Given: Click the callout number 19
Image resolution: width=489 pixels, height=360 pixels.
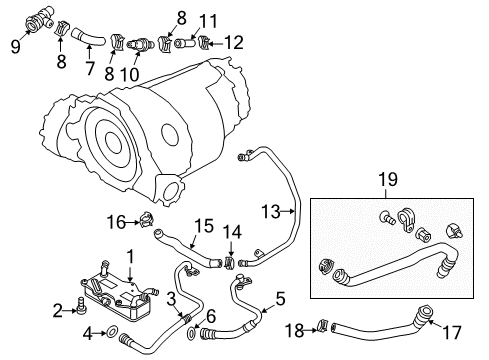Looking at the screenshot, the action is [x=388, y=179].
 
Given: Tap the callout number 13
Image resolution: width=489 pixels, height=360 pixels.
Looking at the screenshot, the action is [x=271, y=212].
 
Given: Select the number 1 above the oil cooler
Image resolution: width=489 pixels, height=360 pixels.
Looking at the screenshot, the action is [x=131, y=257].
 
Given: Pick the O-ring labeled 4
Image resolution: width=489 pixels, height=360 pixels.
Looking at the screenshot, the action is [x=112, y=332].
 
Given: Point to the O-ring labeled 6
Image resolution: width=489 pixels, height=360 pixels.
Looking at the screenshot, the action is [x=191, y=334].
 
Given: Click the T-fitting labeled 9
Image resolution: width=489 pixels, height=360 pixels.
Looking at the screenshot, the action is [x=39, y=19].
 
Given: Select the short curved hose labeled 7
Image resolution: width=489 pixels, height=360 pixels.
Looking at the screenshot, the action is [x=87, y=38].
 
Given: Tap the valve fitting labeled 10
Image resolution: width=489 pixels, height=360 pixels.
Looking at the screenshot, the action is [x=139, y=45].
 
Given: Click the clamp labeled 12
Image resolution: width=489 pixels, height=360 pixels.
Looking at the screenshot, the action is [x=204, y=43].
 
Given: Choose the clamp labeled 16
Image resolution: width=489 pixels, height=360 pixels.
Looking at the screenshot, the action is [x=147, y=221].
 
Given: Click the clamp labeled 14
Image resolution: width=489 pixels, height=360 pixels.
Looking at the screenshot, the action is [x=230, y=263].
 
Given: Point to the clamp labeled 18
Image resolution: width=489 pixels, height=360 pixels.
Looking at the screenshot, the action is [x=322, y=325].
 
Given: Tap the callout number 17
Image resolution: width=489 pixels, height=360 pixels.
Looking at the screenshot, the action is [x=452, y=332].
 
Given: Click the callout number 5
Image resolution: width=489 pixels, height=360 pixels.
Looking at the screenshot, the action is [x=280, y=298].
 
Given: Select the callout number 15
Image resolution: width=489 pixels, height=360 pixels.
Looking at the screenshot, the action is [x=204, y=226].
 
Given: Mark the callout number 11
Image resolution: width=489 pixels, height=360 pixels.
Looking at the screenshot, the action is [x=209, y=21].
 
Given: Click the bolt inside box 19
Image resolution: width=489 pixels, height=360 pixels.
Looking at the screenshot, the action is [x=387, y=218].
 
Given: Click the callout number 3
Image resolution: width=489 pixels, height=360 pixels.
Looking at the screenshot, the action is [x=171, y=299].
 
